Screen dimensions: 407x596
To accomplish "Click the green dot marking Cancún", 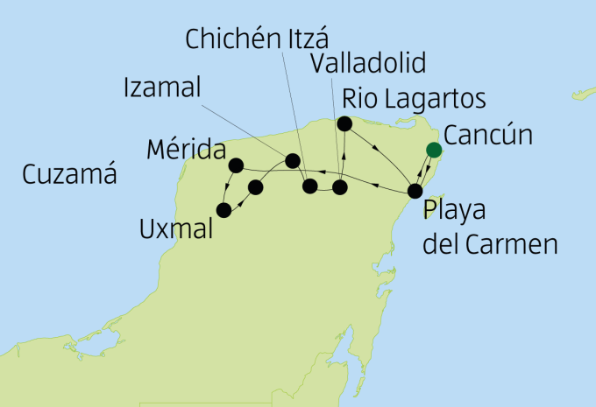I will (x=433, y=150).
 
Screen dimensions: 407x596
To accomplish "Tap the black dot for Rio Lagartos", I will (x=344, y=123).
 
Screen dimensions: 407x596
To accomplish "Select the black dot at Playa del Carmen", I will (x=416, y=191).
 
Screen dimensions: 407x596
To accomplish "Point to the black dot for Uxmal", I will (x=223, y=210).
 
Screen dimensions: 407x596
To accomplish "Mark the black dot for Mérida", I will (x=235, y=165).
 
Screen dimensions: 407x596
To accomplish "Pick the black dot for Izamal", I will (x=293, y=160).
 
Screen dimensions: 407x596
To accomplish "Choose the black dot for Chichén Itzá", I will (x=309, y=186).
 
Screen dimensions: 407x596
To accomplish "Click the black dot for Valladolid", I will (x=340, y=186).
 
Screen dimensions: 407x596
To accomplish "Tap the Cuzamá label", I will (x=71, y=174).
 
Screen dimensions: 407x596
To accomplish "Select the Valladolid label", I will (x=368, y=64).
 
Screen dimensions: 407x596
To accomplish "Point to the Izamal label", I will (x=162, y=88).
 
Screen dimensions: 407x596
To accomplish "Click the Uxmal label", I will (x=177, y=230).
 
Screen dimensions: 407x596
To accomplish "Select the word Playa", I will (x=455, y=212).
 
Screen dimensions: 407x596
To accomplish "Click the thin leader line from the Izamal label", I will (x=245, y=125).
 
